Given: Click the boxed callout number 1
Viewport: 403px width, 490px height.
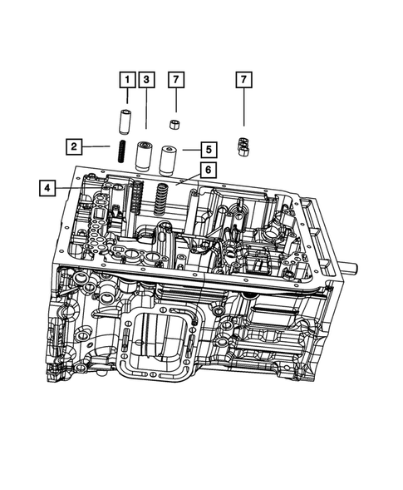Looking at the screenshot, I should click(126, 80).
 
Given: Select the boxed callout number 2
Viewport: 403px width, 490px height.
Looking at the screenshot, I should click(74, 147).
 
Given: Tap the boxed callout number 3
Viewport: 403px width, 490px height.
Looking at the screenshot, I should click(146, 80).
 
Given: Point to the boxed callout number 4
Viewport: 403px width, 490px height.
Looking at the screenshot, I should click(47, 189).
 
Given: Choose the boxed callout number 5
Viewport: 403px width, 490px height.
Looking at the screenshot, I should click(209, 150).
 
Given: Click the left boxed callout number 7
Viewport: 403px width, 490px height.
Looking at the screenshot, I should click(175, 80).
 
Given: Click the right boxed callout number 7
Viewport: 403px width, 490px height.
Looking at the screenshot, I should click(243, 80).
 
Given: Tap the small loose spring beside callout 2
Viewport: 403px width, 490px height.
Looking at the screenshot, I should click(120, 153).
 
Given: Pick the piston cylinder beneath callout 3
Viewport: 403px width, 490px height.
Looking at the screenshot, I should click(143, 155).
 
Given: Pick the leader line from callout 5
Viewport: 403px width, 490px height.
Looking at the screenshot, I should click(190, 151).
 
